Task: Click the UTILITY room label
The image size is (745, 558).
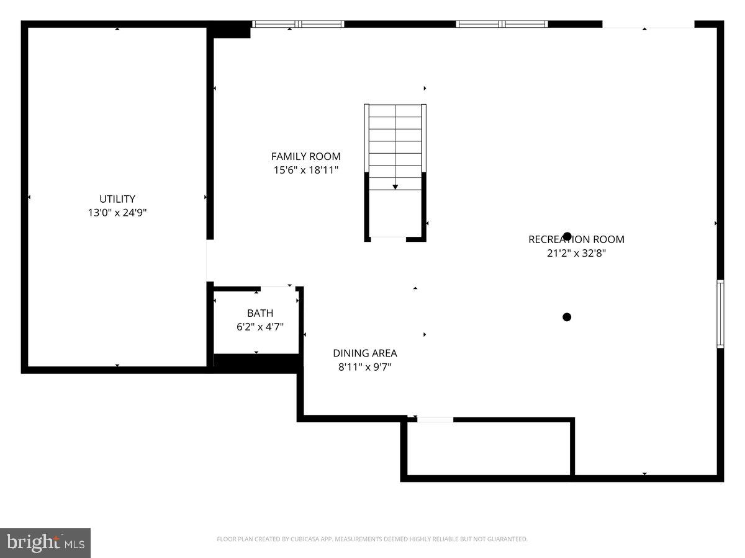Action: click(x=117, y=199)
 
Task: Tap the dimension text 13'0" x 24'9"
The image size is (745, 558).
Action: click(x=117, y=213)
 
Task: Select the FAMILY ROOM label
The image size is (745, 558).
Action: click(x=305, y=156)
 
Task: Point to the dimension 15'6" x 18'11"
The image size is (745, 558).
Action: click(x=305, y=170)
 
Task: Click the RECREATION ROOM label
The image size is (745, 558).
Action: click(x=576, y=239)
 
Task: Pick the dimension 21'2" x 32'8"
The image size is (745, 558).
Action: click(x=576, y=253)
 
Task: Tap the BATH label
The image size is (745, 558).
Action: click(x=260, y=313)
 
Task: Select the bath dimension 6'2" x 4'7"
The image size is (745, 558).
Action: click(x=260, y=327)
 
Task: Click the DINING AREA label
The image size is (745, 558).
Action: click(x=364, y=353)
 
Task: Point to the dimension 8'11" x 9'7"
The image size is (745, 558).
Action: click(x=364, y=366)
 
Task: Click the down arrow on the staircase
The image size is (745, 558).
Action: click(x=395, y=187)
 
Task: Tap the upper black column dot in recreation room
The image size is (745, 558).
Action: click(x=567, y=236)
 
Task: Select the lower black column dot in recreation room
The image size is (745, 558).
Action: click(x=566, y=317)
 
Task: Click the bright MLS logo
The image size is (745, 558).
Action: click(x=45, y=542)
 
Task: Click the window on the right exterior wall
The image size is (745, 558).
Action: click(x=720, y=313)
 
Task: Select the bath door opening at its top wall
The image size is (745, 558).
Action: click(x=278, y=287)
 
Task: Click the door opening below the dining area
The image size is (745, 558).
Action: click(x=435, y=420)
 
